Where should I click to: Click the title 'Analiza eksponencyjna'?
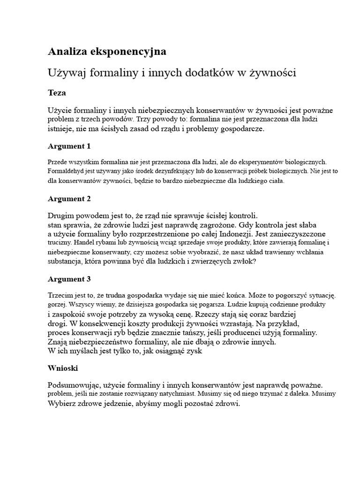[107, 52]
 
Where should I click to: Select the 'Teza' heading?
[57, 93]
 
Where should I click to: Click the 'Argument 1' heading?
[69, 146]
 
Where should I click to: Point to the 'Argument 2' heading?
[69, 199]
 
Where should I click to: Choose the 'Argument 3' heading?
[69, 279]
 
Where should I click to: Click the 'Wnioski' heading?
[63, 368]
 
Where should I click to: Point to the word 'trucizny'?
[59, 243]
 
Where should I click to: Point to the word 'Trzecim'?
[60, 295]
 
